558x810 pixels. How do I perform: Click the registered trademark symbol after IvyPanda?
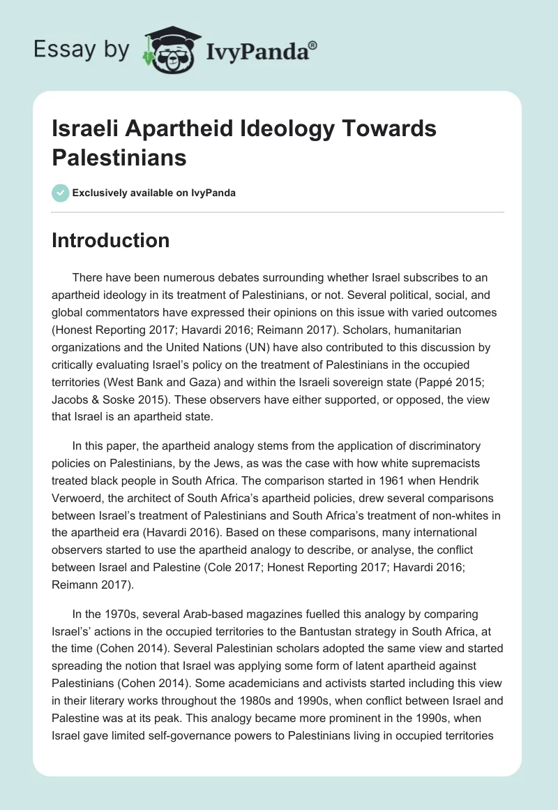(x=313, y=45)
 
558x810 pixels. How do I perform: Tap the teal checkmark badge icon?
(x=61, y=193)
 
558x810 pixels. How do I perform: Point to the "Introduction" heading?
(x=111, y=240)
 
